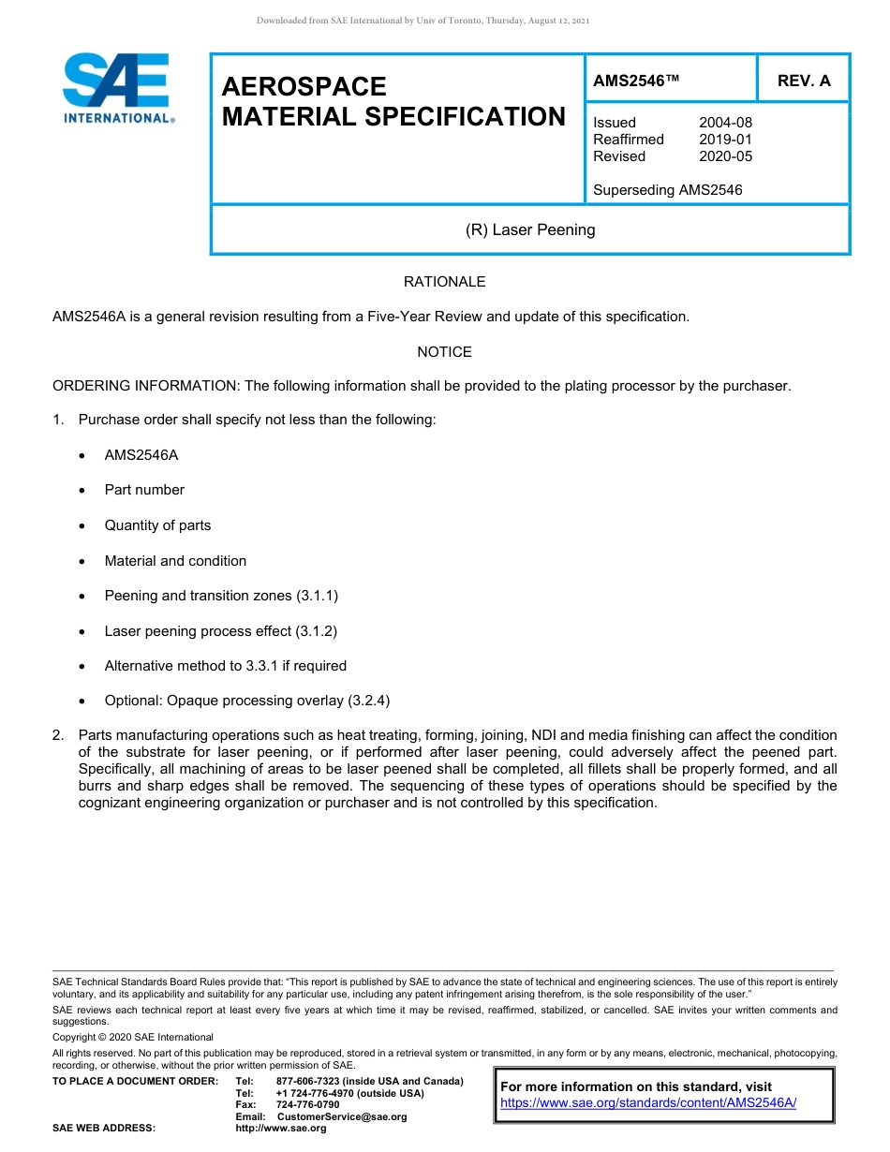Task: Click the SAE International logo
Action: (x=117, y=87)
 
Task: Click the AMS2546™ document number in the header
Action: (x=636, y=81)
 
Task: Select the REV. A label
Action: (x=804, y=81)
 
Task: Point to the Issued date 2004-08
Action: (x=725, y=123)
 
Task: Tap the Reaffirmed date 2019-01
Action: (x=725, y=140)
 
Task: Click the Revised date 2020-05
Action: (x=725, y=156)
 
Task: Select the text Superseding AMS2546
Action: (x=667, y=190)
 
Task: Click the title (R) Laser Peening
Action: (x=530, y=229)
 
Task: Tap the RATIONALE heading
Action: (x=444, y=282)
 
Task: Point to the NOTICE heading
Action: (x=444, y=352)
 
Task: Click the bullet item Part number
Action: (x=144, y=490)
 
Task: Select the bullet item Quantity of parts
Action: (x=157, y=525)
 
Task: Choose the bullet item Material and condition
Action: (x=175, y=561)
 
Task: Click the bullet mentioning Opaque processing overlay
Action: (x=246, y=701)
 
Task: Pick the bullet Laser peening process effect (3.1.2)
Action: (x=220, y=631)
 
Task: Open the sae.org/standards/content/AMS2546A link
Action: (x=648, y=1103)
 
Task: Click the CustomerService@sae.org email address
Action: (x=342, y=1116)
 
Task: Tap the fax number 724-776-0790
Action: (x=307, y=1105)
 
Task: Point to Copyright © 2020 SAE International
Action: (x=133, y=1038)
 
